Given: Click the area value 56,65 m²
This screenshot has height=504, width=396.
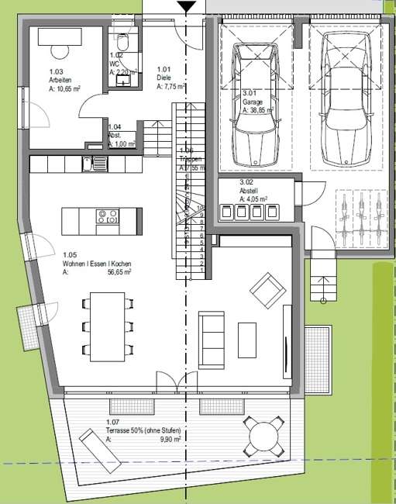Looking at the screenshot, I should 119,273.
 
